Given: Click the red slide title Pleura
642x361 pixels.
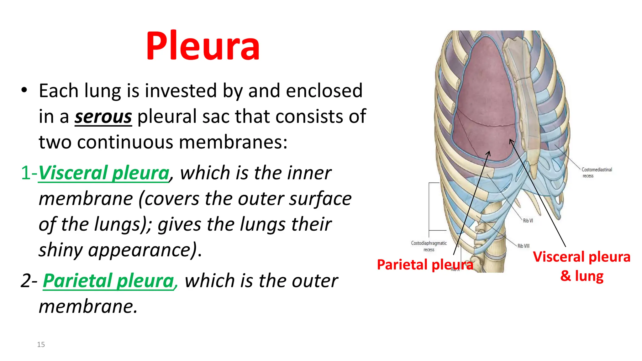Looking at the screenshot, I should tap(203, 46).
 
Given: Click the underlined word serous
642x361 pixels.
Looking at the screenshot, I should tap(103, 117).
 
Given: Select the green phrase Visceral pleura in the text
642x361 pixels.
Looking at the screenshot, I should tap(104, 173).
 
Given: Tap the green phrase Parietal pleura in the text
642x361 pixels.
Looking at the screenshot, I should tap(108, 280).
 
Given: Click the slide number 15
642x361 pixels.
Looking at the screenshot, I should tap(41, 345).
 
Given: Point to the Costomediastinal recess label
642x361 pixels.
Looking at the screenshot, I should tap(597, 172).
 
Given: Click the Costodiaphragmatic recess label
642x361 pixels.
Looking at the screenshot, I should tap(429, 246).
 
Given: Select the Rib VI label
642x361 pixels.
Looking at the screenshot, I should tap(528, 221).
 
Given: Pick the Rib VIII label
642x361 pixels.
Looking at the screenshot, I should tap(523, 246).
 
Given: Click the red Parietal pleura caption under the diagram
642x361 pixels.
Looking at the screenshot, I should tap(425, 265).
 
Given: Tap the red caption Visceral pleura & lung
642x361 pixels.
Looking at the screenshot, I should tap(581, 266).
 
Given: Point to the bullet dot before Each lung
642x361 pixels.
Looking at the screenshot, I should tap(24, 90).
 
